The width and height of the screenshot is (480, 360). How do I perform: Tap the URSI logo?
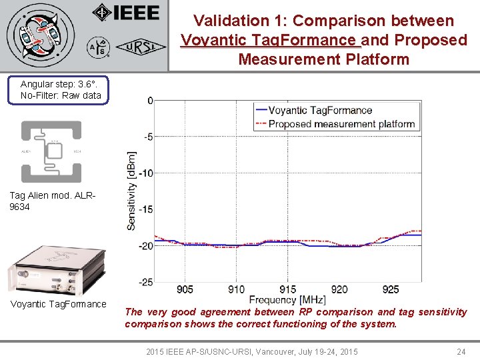(137, 47)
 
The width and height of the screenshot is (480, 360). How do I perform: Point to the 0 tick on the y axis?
(150, 101)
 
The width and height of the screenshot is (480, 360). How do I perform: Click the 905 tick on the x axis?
(185, 289)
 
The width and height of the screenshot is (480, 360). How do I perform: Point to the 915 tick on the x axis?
(288, 289)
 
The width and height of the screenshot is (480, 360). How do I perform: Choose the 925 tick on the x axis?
(391, 289)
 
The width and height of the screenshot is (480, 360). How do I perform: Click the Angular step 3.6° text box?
(61, 90)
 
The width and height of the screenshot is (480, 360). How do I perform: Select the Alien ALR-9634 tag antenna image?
(51, 151)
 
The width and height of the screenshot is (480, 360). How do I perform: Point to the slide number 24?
(461, 351)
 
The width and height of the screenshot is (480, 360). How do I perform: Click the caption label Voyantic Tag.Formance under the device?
(58, 305)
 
